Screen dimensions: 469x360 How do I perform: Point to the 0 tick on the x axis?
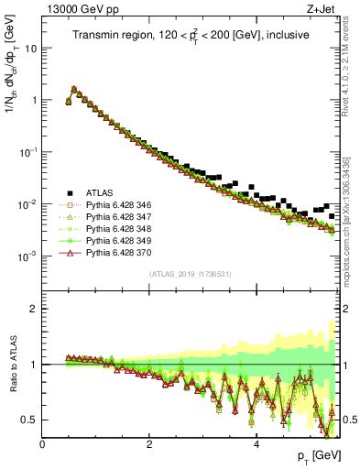[42, 445]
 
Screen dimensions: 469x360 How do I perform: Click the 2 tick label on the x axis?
[148, 445]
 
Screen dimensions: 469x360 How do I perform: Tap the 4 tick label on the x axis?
[256, 445]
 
